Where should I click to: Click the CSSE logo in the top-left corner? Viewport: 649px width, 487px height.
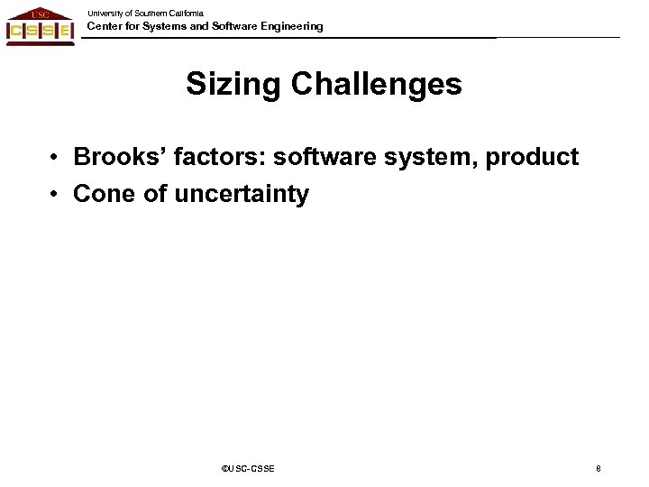40,24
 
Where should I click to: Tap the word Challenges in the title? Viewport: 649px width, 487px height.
377,85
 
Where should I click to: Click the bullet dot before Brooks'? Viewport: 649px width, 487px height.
56,159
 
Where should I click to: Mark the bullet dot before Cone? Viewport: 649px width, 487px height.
56,193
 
